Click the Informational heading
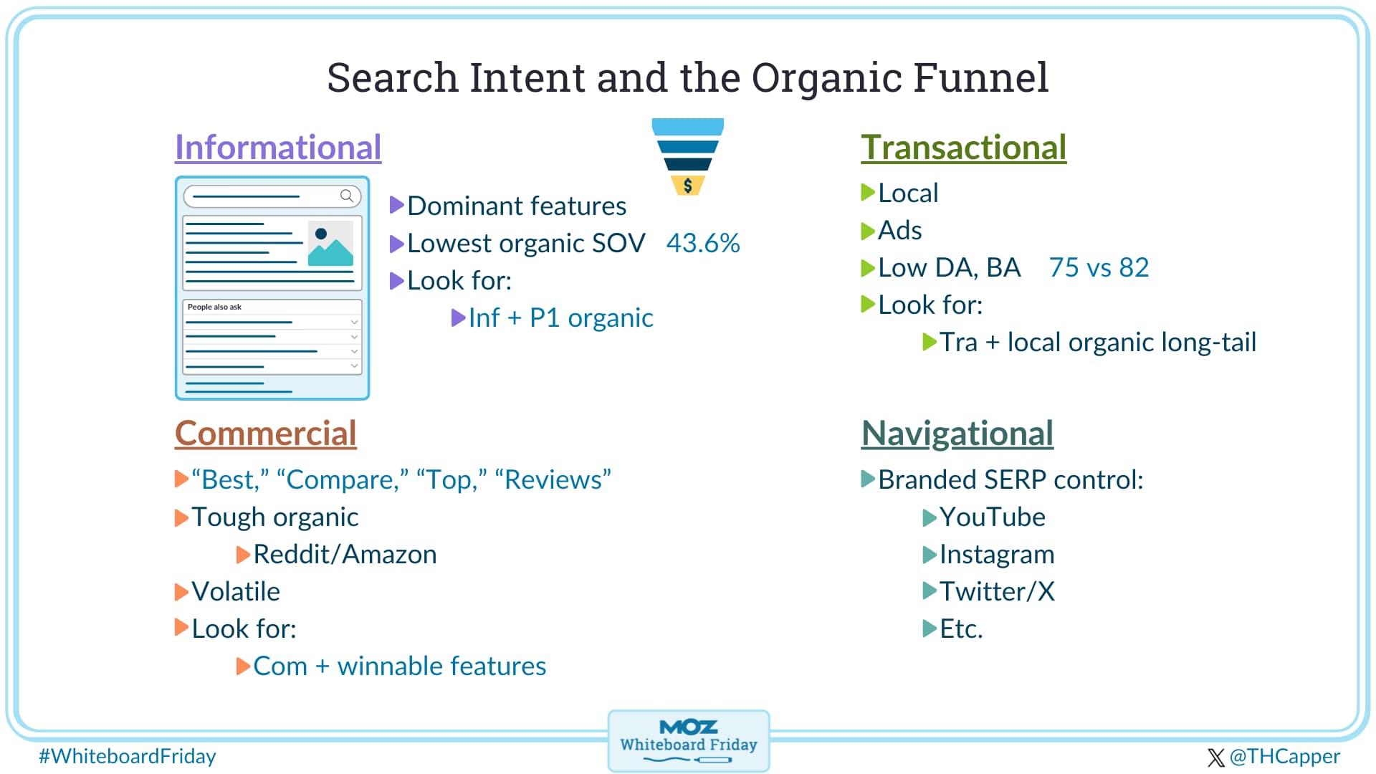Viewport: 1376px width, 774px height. coord(278,148)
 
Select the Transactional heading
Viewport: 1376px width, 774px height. coord(964,148)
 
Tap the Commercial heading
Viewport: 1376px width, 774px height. coord(266,434)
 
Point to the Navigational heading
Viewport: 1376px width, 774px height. coord(957,434)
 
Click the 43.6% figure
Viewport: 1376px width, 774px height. coord(703,244)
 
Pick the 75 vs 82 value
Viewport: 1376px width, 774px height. coord(1099,268)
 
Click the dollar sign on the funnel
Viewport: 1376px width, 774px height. coord(688,186)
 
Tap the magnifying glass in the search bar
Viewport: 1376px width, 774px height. coord(347,196)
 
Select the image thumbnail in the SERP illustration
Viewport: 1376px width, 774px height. coord(330,243)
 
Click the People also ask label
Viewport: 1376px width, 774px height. coord(214,307)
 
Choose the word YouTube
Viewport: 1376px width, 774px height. coord(993,517)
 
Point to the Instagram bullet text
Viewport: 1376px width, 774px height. coord(997,555)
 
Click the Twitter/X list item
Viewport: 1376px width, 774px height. coord(997,592)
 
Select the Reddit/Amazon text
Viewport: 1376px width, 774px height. coord(345,555)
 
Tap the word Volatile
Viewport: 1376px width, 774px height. coord(236,592)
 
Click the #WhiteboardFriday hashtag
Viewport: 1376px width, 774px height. coord(128,756)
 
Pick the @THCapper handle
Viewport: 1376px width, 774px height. coord(1284,756)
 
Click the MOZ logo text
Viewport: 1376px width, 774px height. coord(689,727)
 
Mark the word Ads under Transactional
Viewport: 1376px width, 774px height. coord(900,231)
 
